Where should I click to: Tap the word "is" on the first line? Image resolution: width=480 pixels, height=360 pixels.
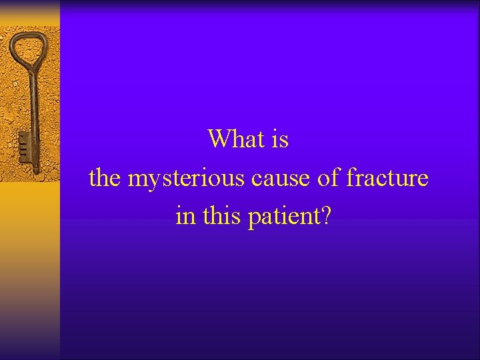point(280,139)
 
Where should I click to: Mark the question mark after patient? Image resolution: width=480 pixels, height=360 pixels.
point(325,216)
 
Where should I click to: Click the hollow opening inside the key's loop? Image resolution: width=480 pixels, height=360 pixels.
point(27,48)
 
